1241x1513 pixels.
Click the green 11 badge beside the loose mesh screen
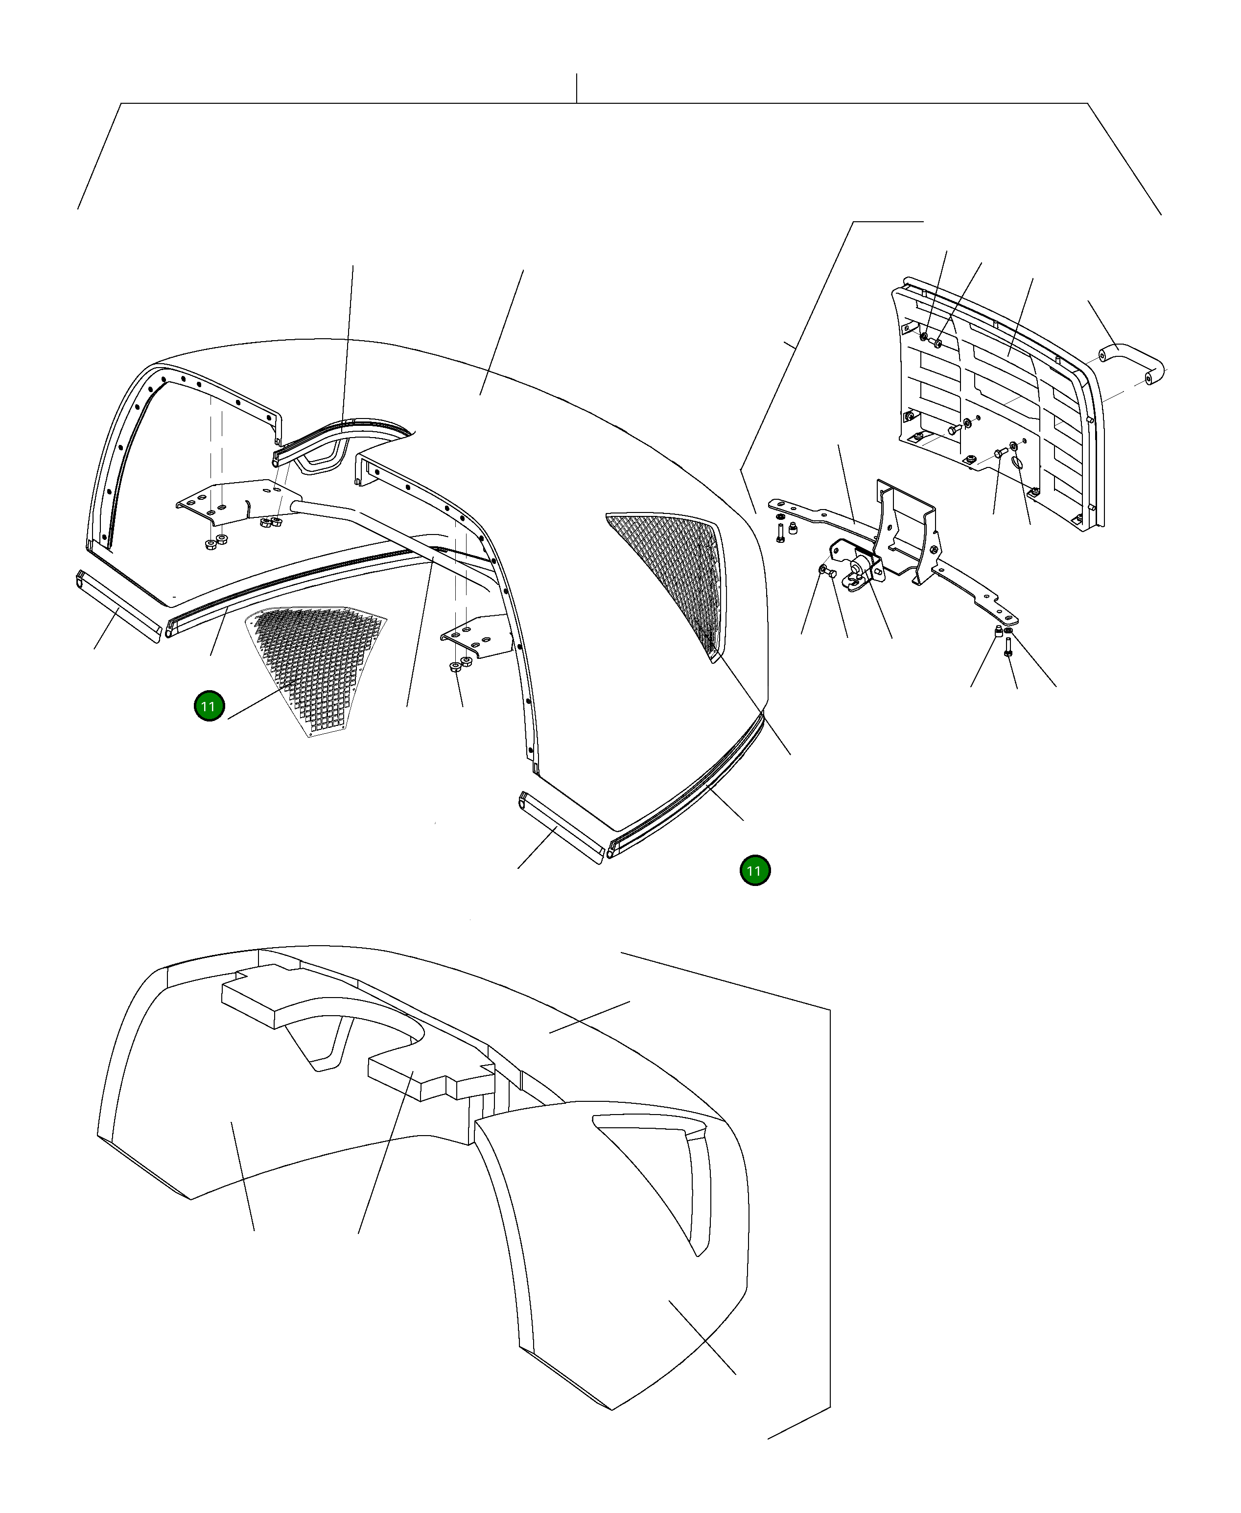coord(209,706)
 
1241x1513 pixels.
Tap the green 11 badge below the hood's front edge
coord(755,870)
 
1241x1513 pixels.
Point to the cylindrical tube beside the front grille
coord(1132,365)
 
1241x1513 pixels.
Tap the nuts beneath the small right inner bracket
coord(460,664)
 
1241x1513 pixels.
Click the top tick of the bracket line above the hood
coord(577,73)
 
